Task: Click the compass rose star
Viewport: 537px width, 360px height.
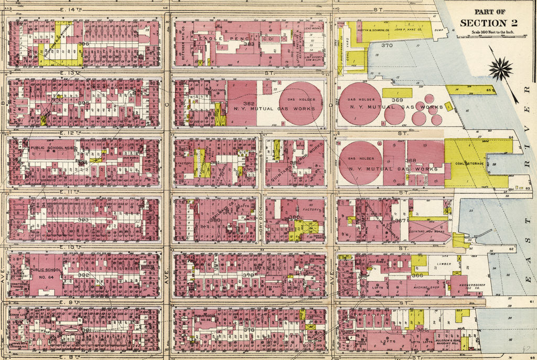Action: pyautogui.click(x=501, y=69)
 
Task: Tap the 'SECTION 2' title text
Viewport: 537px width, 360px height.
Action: pyautogui.click(x=484, y=23)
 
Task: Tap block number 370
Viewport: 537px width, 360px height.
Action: pyautogui.click(x=387, y=46)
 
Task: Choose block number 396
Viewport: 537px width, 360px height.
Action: pyautogui.click(x=82, y=45)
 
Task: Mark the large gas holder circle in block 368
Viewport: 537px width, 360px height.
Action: pyautogui.click(x=360, y=162)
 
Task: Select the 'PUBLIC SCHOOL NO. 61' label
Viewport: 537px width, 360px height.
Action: pyautogui.click(x=47, y=149)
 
